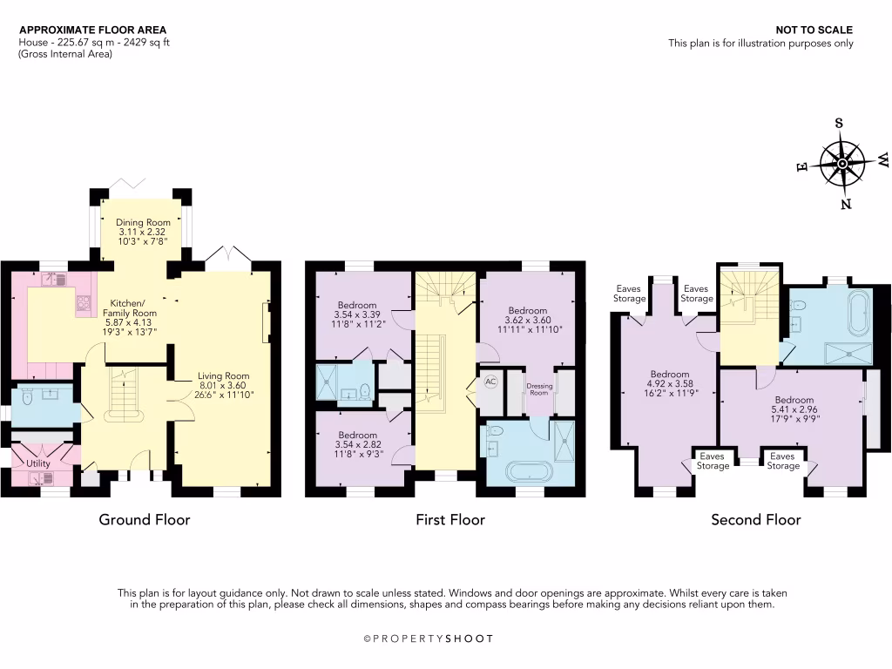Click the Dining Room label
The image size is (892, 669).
pyautogui.click(x=142, y=222)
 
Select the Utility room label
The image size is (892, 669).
pyautogui.click(x=37, y=463)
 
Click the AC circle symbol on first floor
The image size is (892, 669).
pyautogui.click(x=490, y=382)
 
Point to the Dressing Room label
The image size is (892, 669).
pyautogui.click(x=540, y=388)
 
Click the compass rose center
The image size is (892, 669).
pyautogui.click(x=842, y=163)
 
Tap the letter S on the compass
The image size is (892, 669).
pyautogui.click(x=839, y=123)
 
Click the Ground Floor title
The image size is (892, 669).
pyautogui.click(x=144, y=520)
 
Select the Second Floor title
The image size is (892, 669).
pyautogui.click(x=755, y=520)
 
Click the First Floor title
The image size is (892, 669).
pyautogui.click(x=449, y=520)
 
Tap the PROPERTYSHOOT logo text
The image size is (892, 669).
pyautogui.click(x=428, y=639)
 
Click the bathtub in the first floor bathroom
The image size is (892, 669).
pyautogui.click(x=530, y=473)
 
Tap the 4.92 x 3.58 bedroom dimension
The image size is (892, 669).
pyautogui.click(x=669, y=383)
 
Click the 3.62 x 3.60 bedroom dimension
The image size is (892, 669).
pyautogui.click(x=528, y=320)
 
